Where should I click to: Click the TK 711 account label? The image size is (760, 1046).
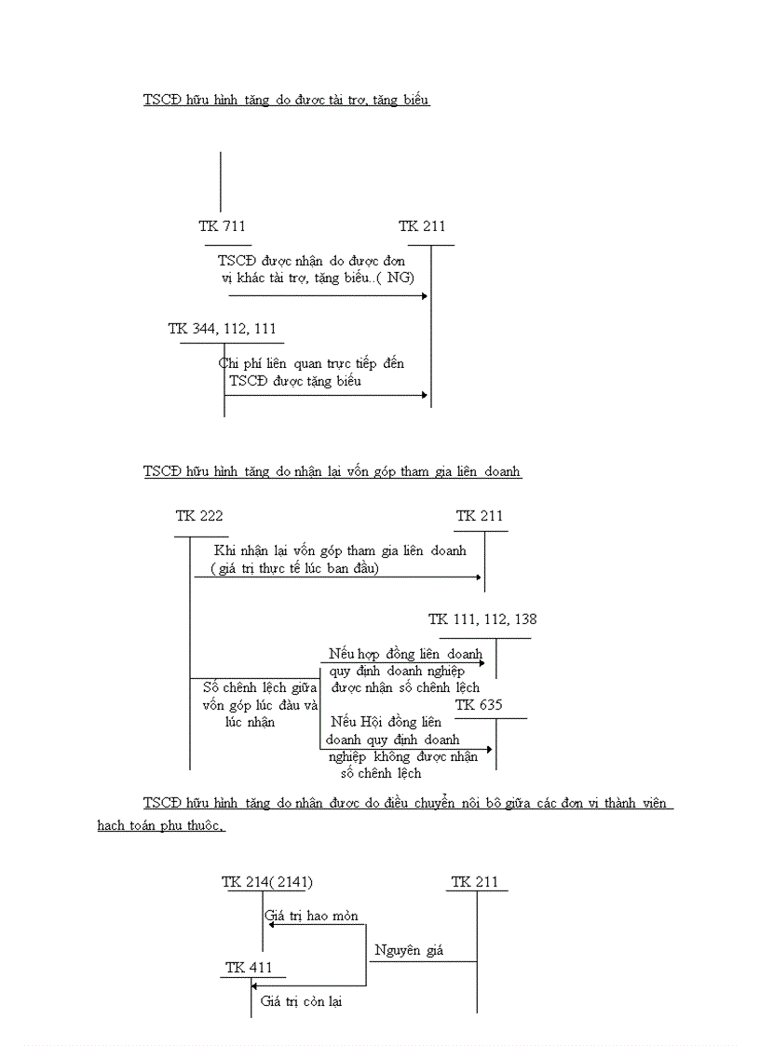222,226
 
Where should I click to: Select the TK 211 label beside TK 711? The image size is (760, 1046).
422,226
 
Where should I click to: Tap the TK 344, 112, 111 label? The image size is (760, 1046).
222,329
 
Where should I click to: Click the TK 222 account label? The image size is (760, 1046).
199,516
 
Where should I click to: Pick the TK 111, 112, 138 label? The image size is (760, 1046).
482,619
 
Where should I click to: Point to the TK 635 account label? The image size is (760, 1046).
479,705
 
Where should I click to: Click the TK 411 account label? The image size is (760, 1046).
249,968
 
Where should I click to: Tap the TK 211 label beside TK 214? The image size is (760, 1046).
475,882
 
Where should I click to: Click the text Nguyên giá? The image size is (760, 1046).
409,951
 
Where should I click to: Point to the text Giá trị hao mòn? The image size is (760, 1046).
311,917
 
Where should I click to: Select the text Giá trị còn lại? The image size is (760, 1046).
301,1002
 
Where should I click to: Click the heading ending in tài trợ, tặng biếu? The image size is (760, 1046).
287,101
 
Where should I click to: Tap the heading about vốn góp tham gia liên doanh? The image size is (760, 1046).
332,472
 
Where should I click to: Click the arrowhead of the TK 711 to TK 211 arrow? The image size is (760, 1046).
424,296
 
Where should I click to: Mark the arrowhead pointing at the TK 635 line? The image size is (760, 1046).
488,749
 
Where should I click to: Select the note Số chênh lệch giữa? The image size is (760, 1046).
260,687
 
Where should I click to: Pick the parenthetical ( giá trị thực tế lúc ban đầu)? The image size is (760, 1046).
294,568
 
